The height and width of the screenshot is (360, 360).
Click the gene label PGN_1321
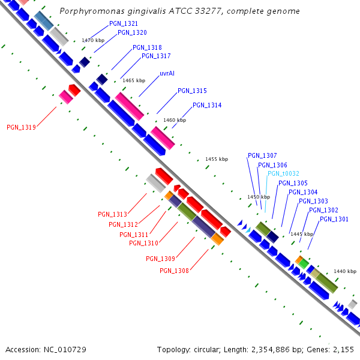pyautogui.click(x=124, y=23)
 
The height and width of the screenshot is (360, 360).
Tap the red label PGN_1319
pyautogui.click(x=21, y=127)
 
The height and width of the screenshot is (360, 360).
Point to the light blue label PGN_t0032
pyautogui.click(x=283, y=174)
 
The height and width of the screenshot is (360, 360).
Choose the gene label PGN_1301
pyautogui.click(x=334, y=220)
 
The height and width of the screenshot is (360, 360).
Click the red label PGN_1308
pyautogui.click(x=174, y=271)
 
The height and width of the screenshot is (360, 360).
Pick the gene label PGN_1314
pyautogui.click(x=207, y=106)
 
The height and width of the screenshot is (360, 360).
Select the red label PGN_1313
pyautogui.click(x=112, y=214)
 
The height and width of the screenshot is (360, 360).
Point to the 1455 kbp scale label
pyautogui.click(x=217, y=159)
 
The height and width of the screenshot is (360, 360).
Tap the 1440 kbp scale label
pyautogui.click(x=345, y=271)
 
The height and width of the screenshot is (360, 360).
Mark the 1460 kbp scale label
pyautogui.click(x=175, y=120)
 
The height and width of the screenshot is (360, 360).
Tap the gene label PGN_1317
pyautogui.click(x=156, y=56)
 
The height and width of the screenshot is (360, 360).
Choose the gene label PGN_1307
pyautogui.click(x=262, y=156)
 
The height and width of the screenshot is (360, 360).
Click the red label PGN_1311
pyautogui.click(x=134, y=235)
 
